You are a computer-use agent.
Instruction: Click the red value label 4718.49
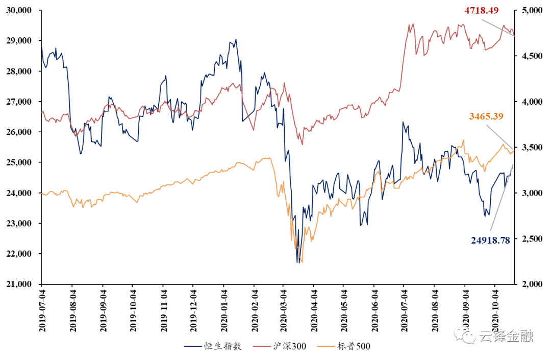481,10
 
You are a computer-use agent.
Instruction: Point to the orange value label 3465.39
486,116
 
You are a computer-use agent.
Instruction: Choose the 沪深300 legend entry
289,346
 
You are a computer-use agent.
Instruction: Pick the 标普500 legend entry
353,346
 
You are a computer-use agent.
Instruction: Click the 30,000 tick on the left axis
18,11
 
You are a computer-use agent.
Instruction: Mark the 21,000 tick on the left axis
18,284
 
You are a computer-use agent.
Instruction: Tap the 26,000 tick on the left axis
18,132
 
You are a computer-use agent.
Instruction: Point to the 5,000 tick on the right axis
530,11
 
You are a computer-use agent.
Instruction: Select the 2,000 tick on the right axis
530,284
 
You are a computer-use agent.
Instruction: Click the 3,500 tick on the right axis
530,148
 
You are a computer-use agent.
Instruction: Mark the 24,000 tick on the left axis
18,193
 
